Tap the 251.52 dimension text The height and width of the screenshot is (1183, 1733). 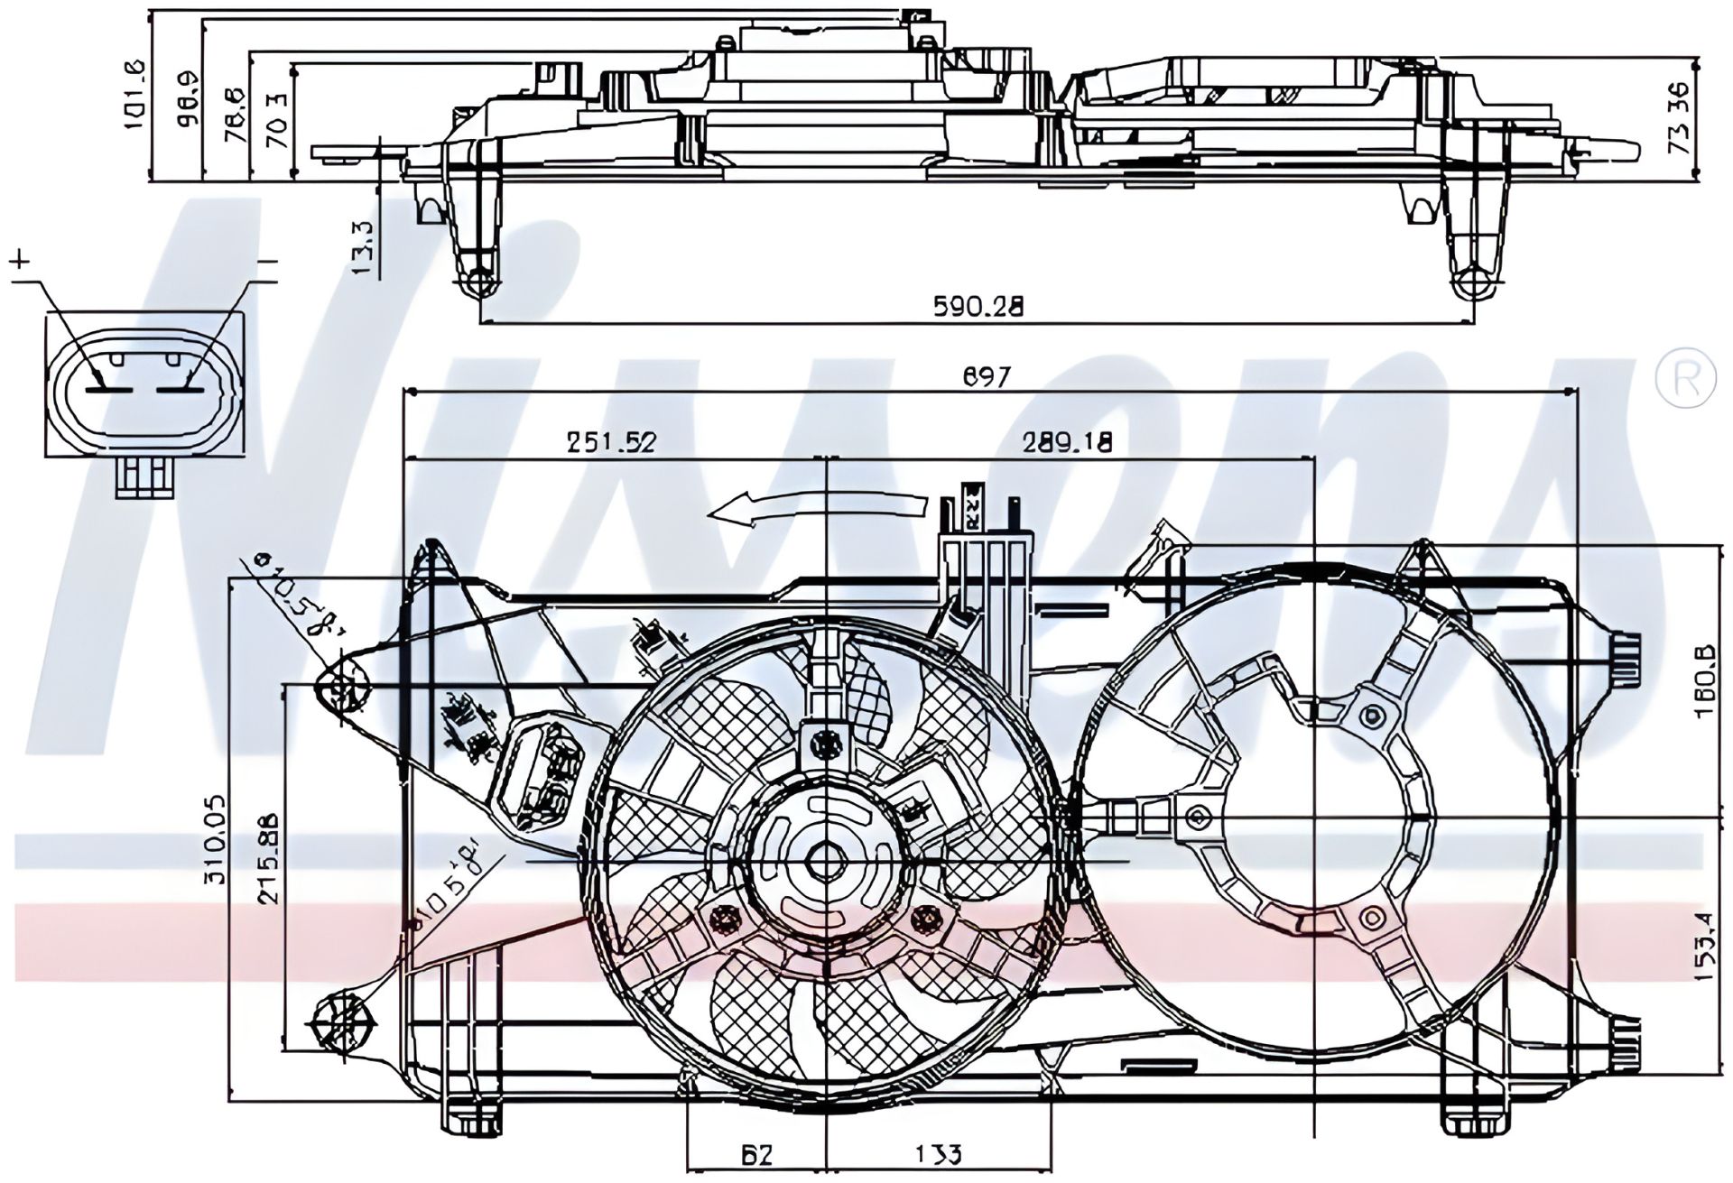coord(611,441)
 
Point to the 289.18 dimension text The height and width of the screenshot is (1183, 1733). coord(1068,441)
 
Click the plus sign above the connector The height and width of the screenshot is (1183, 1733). coord(21,261)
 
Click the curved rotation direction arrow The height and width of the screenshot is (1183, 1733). coord(817,509)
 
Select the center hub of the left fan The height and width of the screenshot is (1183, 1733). coord(825,861)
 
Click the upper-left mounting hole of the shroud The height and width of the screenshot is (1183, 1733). coord(342,690)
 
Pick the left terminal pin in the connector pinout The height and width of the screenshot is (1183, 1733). coord(109,390)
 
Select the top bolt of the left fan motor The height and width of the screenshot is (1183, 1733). coord(824,744)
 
